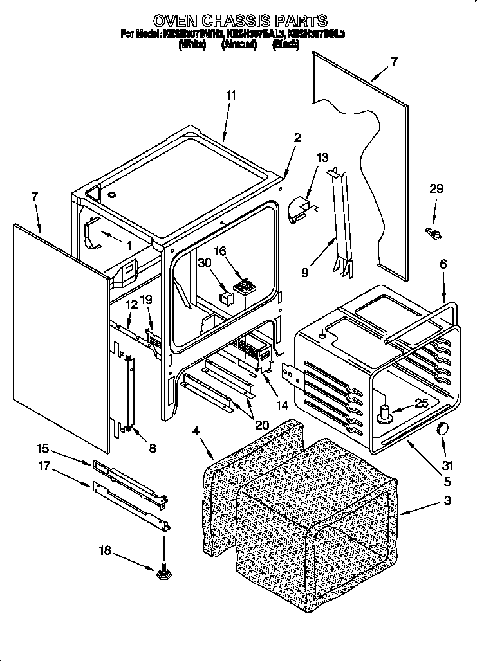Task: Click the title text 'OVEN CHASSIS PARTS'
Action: pos(239,21)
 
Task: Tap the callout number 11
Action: pos(231,95)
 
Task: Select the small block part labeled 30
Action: pos(226,296)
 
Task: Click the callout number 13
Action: pos(322,158)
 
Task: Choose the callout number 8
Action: pos(152,449)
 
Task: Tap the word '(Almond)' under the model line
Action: pos(239,44)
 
